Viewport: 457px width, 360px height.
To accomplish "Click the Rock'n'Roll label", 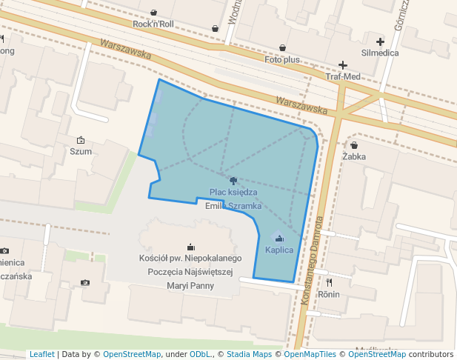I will (153, 24).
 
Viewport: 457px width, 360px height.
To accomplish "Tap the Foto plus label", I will (282, 59).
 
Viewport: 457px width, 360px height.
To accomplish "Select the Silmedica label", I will (380, 53).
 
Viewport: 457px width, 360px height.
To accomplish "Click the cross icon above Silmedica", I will (380, 41).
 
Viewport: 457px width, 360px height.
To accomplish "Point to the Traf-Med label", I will (343, 77).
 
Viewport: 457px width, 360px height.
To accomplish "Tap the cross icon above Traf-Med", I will (343, 65).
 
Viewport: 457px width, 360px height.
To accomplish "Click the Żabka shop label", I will (354, 157).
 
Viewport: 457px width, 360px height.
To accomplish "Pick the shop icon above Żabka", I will (354, 145).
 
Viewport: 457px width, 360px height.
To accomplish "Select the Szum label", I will (81, 151).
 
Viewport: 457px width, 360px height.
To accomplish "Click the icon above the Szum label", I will (81, 139).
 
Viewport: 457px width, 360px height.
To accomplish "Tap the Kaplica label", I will (279, 250).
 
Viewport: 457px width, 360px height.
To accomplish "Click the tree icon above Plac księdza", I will (233, 180).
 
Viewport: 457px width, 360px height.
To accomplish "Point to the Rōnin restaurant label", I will (328, 294).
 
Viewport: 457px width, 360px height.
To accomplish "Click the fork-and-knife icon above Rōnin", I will (328, 282).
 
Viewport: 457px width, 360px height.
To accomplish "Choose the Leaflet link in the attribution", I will (41, 355).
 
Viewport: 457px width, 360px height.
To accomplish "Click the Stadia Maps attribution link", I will (249, 355).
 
